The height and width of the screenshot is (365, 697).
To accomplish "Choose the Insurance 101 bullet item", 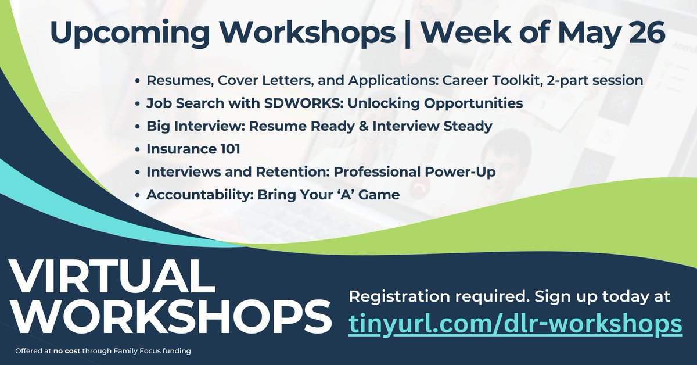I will [193, 149].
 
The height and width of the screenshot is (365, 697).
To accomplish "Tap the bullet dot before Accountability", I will [137, 195].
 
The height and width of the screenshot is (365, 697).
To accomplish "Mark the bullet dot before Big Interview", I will [137, 127].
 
